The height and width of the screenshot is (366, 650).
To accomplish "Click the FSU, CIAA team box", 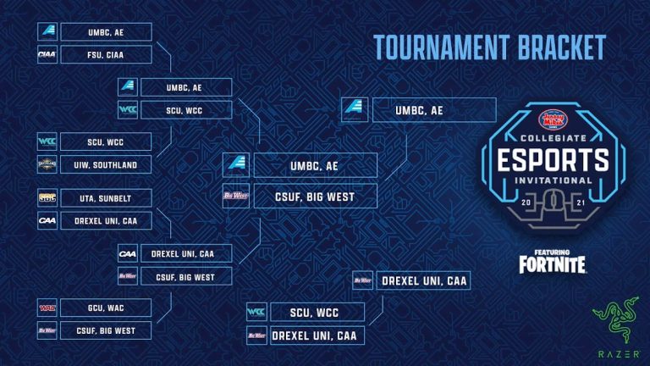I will point(106,55).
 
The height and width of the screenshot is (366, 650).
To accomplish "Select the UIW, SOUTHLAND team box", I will point(106,164).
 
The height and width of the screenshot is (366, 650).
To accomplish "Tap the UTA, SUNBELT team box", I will point(106,197).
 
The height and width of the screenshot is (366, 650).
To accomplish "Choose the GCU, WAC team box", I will point(106,307).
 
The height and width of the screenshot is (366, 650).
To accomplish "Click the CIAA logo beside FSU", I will point(47,55).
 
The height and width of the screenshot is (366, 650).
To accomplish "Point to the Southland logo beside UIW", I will point(47,164).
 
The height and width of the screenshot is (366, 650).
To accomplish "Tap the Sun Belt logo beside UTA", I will point(47,197).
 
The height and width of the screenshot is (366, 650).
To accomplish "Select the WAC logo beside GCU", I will point(47,307).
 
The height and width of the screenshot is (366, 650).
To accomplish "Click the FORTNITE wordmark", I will point(553,264).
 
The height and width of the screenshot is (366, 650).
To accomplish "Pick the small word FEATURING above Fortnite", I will point(553,251).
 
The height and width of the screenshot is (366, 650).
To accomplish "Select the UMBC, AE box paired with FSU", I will point(106,31).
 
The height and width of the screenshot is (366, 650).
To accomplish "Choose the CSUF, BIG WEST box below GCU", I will point(106,330).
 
